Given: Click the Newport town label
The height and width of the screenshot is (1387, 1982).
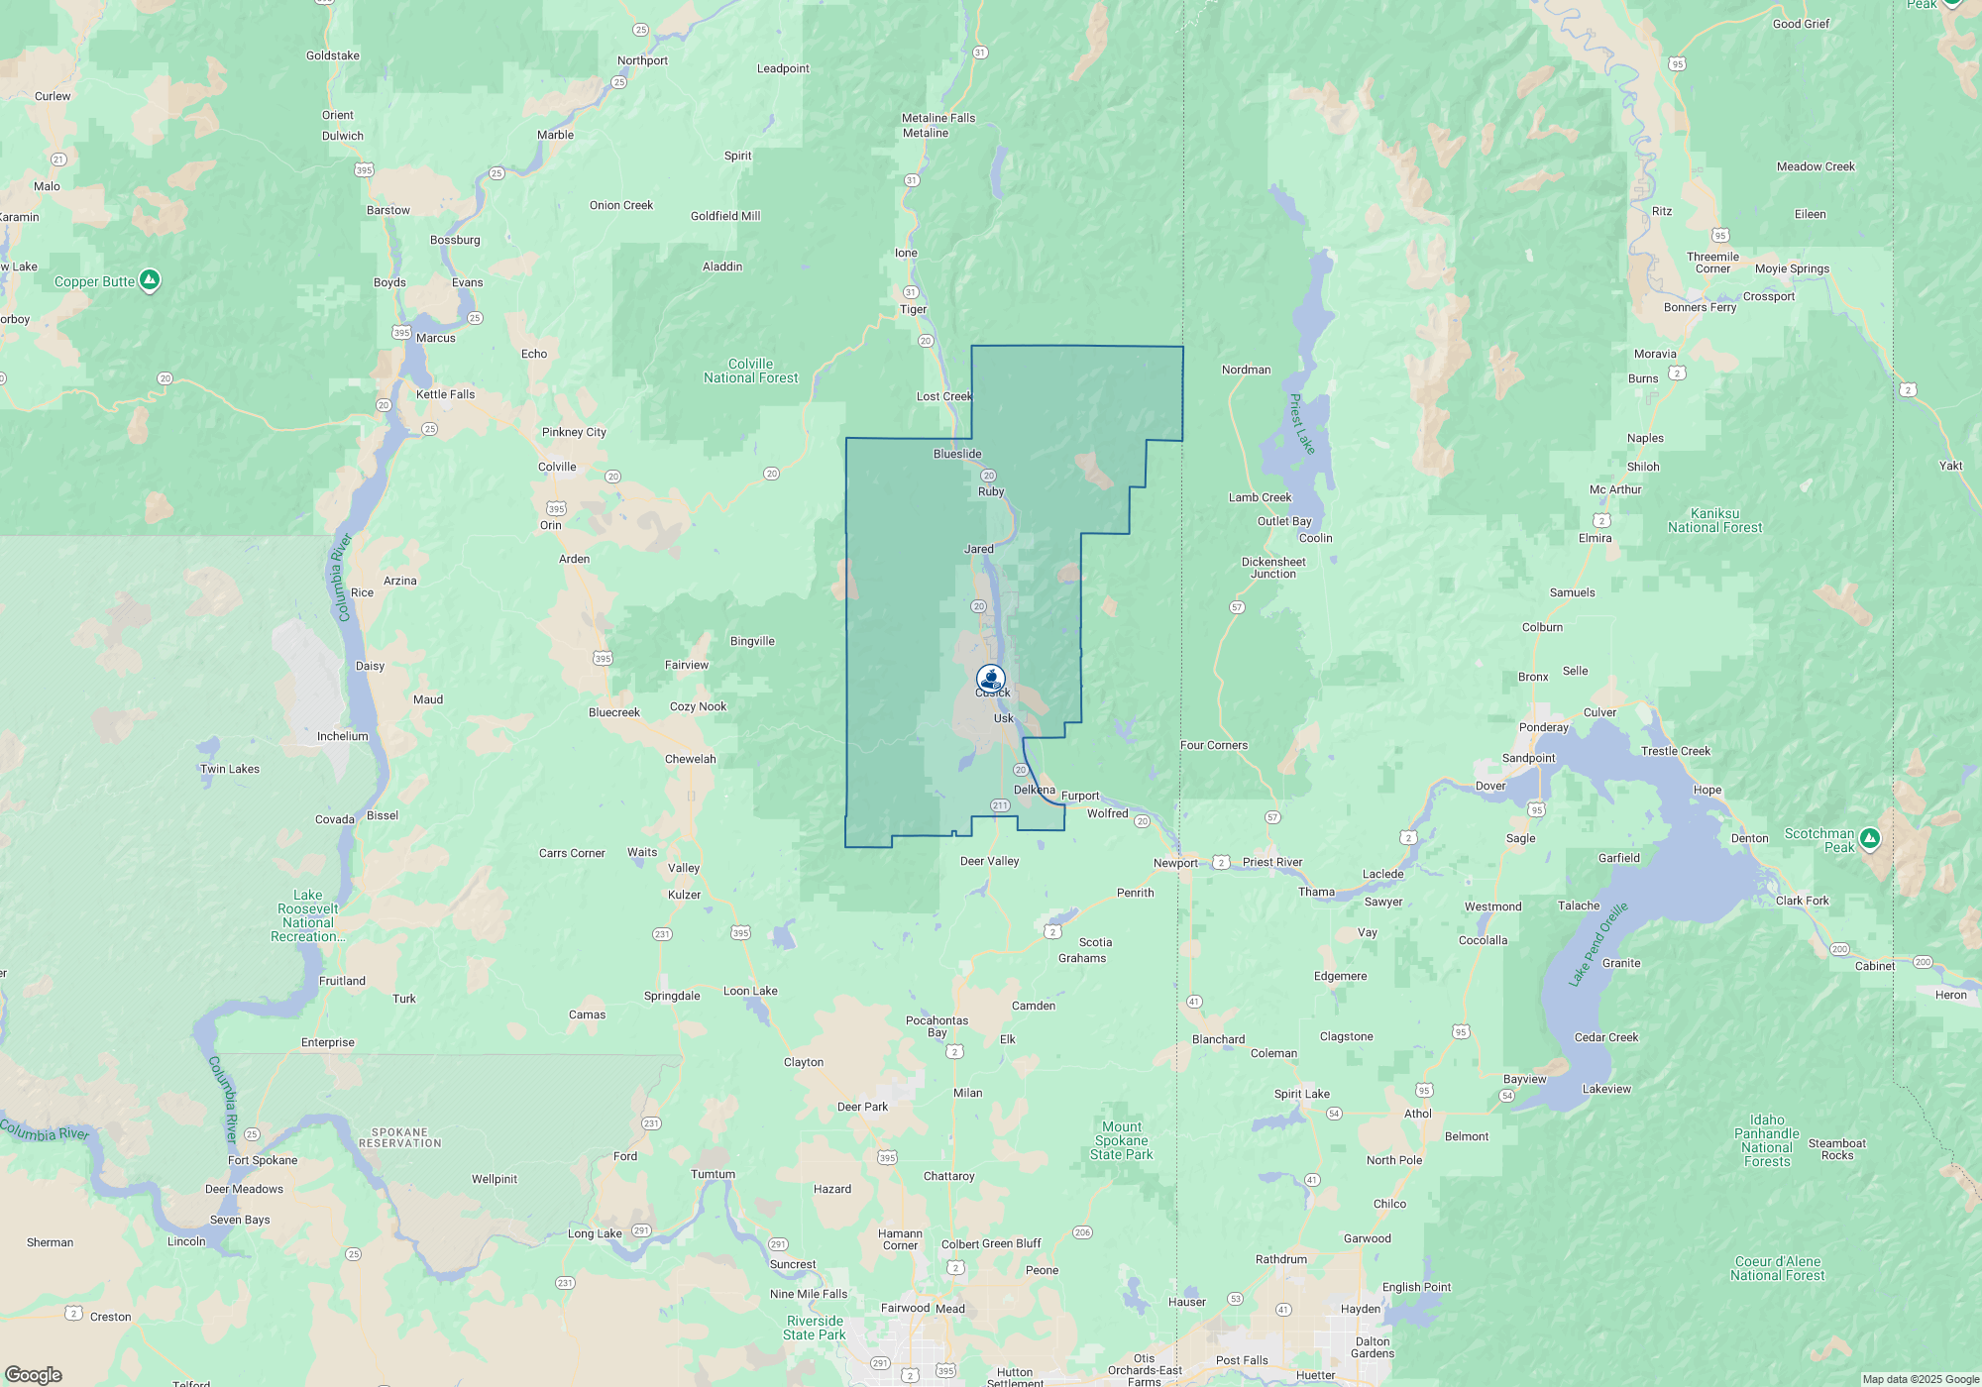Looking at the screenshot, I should pos(1175,863).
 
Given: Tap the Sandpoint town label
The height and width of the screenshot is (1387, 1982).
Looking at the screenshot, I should pos(1528,758).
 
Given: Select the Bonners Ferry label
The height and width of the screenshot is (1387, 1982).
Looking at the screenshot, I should pos(1700,307).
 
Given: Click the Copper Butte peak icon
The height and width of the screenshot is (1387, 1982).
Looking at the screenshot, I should pos(150,280).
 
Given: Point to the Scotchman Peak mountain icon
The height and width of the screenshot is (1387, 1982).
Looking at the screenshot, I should pos(1869,839).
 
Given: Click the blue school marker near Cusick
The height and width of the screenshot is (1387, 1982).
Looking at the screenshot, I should pos(991,678).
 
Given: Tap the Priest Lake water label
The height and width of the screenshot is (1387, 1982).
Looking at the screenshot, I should pos(1301,424).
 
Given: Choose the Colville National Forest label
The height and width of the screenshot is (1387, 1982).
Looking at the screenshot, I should pos(750,372).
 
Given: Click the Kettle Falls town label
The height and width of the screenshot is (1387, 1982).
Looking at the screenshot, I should pos(445,394).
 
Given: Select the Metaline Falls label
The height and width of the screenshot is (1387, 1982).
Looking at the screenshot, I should pos(937,118).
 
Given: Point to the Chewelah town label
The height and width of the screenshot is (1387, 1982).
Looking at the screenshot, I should pos(690,759).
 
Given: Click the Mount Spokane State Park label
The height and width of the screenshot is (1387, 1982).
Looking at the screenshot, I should pos(1121,1140).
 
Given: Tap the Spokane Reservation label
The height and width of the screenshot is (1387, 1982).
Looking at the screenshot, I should pos(400,1137).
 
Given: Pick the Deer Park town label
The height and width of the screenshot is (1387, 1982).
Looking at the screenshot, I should pos(862,1107).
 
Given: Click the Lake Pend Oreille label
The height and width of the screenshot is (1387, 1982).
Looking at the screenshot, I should pos(1597,944).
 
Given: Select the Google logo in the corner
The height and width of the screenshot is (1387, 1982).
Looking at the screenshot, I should pos(34,1374).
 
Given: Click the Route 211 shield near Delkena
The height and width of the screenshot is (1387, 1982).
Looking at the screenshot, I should pos(1000,805).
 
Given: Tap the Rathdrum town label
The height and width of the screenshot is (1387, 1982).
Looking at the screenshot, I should pos(1280,1259).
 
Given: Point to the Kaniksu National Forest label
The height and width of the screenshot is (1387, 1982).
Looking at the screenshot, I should pos(1714,521).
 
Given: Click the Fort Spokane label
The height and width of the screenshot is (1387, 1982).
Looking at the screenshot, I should pos(263,1160).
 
